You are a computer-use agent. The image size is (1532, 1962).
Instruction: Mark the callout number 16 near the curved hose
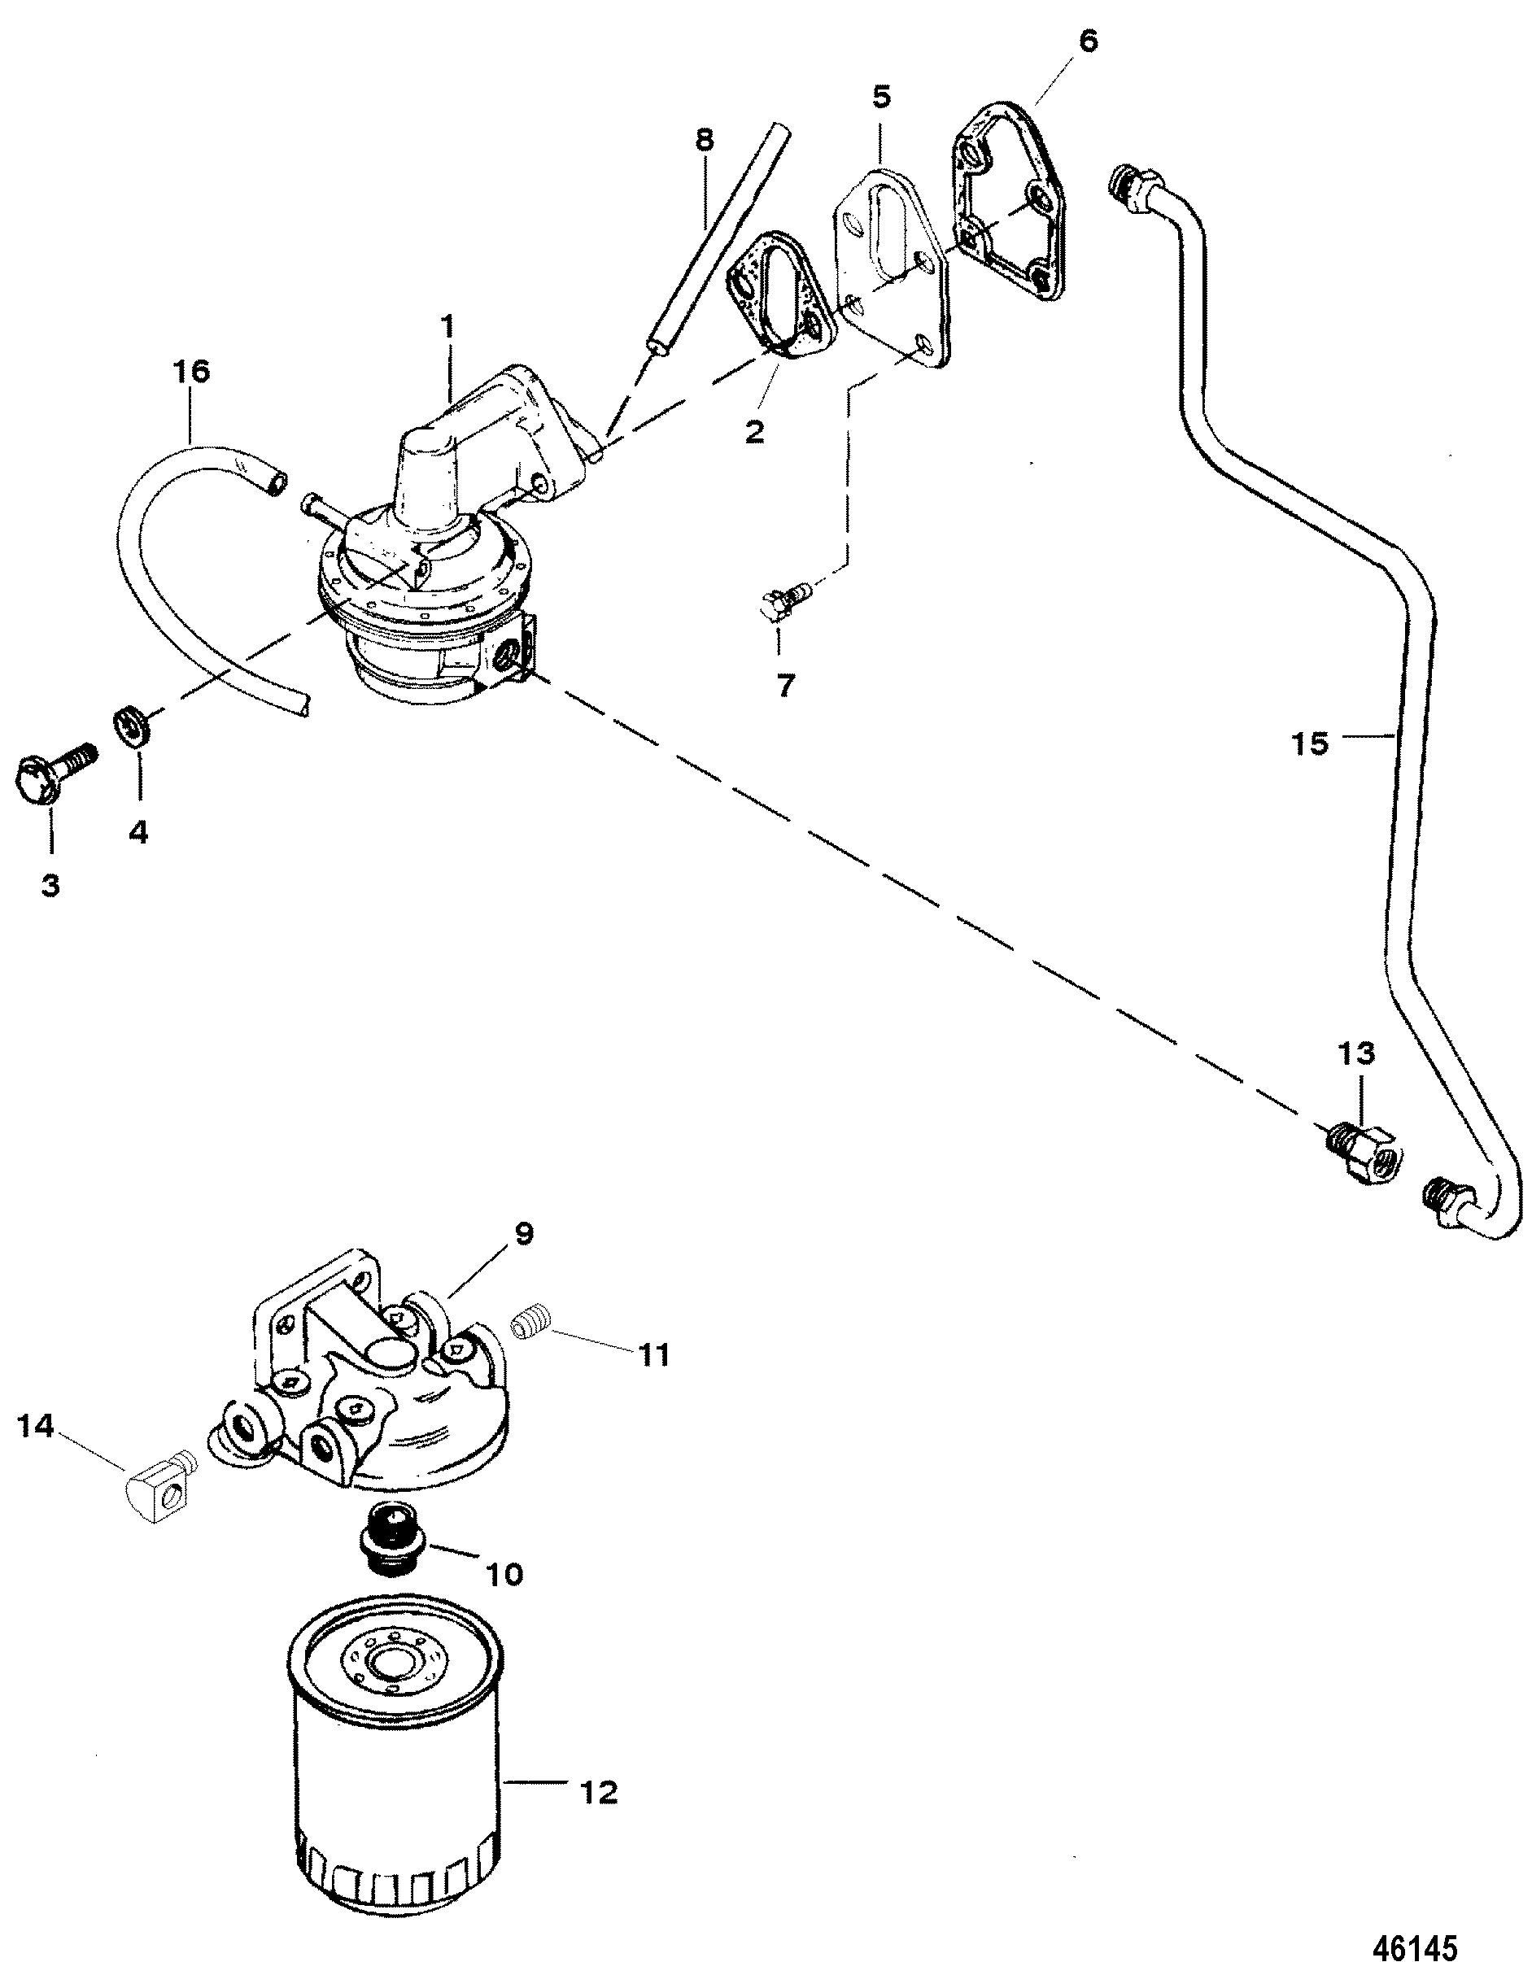(192, 373)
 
